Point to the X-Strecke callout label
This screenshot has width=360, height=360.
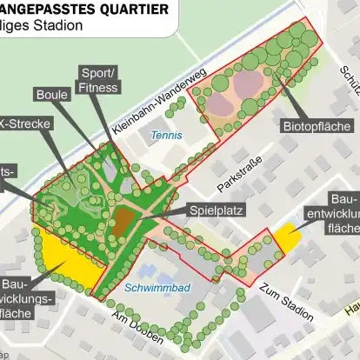click(x=27, y=123)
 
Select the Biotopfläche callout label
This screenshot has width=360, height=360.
click(x=317, y=127)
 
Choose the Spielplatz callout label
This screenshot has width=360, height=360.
click(x=217, y=210)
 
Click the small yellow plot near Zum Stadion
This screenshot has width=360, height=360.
click(x=286, y=238)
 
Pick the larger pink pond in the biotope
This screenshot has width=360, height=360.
click(x=250, y=85)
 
